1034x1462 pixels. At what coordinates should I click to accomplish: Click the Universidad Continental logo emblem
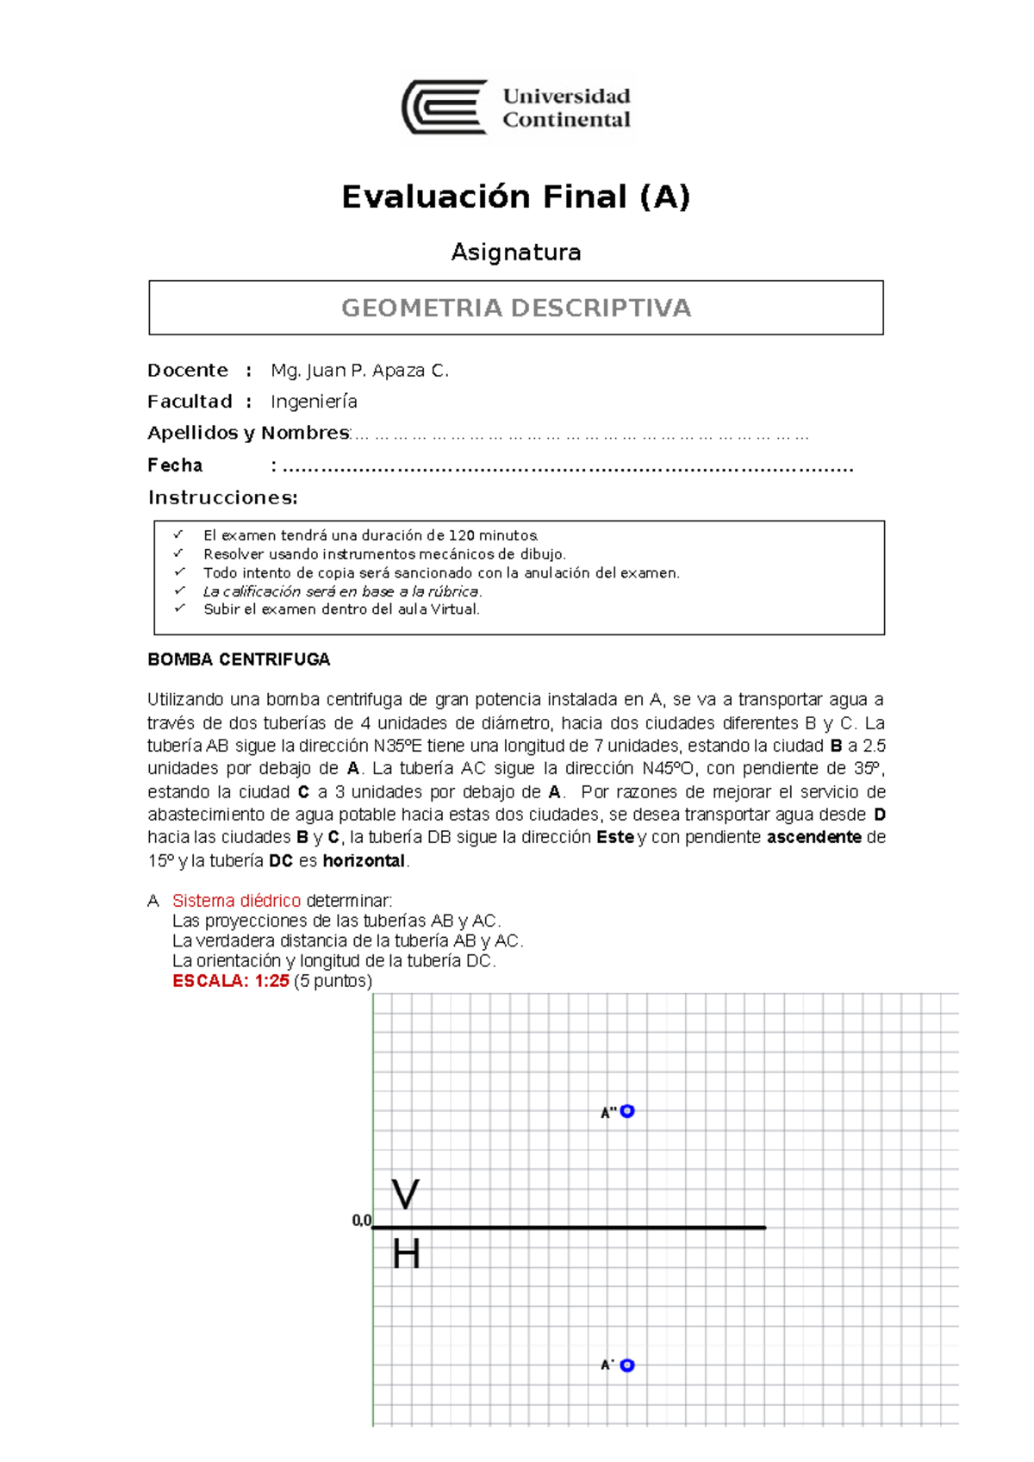(445, 107)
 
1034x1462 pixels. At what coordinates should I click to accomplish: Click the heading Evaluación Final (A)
(515, 197)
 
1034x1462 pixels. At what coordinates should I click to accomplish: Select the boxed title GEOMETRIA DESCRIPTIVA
(515, 308)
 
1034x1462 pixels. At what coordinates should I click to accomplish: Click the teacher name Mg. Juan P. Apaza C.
(359, 371)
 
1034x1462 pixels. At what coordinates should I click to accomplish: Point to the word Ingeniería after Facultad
(314, 402)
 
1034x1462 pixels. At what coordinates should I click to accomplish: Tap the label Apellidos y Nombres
(247, 433)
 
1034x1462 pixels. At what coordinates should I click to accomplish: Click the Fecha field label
(175, 465)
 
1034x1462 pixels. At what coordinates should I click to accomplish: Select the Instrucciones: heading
(222, 497)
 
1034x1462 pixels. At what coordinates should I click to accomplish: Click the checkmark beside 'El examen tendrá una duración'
(179, 535)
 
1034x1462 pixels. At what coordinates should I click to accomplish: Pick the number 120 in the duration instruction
(462, 535)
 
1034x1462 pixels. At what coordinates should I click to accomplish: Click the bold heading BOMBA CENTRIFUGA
(239, 659)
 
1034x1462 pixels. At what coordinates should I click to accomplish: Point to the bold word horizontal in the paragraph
(364, 860)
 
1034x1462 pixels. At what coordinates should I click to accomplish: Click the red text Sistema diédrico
(236, 901)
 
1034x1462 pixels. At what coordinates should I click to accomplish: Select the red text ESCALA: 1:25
(230, 981)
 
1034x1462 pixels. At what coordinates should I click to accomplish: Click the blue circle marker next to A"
(627, 1111)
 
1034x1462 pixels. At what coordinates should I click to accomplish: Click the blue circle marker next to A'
(627, 1365)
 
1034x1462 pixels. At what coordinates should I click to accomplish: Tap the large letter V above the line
(405, 1195)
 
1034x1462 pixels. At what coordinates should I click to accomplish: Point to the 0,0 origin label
(361, 1221)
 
